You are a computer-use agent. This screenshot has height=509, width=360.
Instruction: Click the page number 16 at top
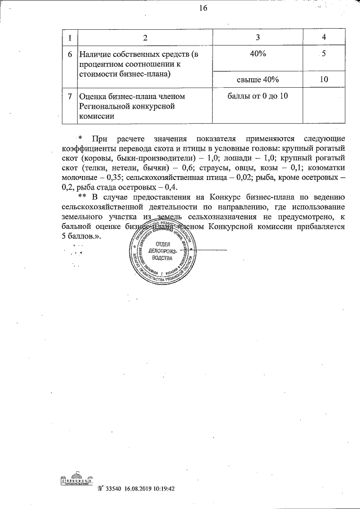click(203, 8)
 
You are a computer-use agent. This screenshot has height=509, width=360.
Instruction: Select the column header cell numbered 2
click(145, 38)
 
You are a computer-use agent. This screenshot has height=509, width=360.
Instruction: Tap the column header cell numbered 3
click(258, 38)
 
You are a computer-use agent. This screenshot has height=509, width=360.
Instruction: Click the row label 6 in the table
click(69, 55)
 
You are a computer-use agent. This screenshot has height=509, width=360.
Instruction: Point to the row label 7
click(69, 97)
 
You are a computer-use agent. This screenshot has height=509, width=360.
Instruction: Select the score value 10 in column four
click(323, 79)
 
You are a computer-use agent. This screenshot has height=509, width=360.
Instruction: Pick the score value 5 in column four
click(323, 55)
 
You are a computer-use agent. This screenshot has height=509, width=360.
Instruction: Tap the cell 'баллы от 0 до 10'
click(258, 96)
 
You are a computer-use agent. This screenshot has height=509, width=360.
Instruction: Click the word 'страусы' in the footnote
click(207, 168)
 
